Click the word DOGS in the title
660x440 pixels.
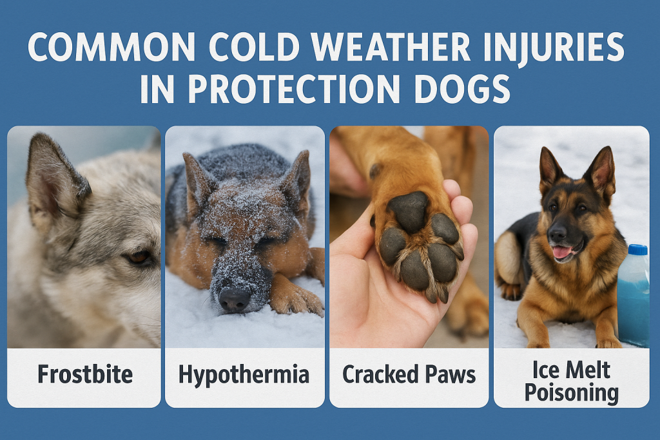[x=458, y=90]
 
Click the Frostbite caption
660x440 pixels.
[x=84, y=374]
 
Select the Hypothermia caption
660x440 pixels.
[x=244, y=374]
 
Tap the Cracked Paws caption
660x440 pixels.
[x=409, y=374]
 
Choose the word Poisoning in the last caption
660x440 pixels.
[x=571, y=392]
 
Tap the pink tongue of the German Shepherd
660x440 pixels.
[x=562, y=251]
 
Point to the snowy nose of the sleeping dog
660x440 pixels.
[x=233, y=298]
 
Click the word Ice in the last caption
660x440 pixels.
[x=543, y=369]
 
